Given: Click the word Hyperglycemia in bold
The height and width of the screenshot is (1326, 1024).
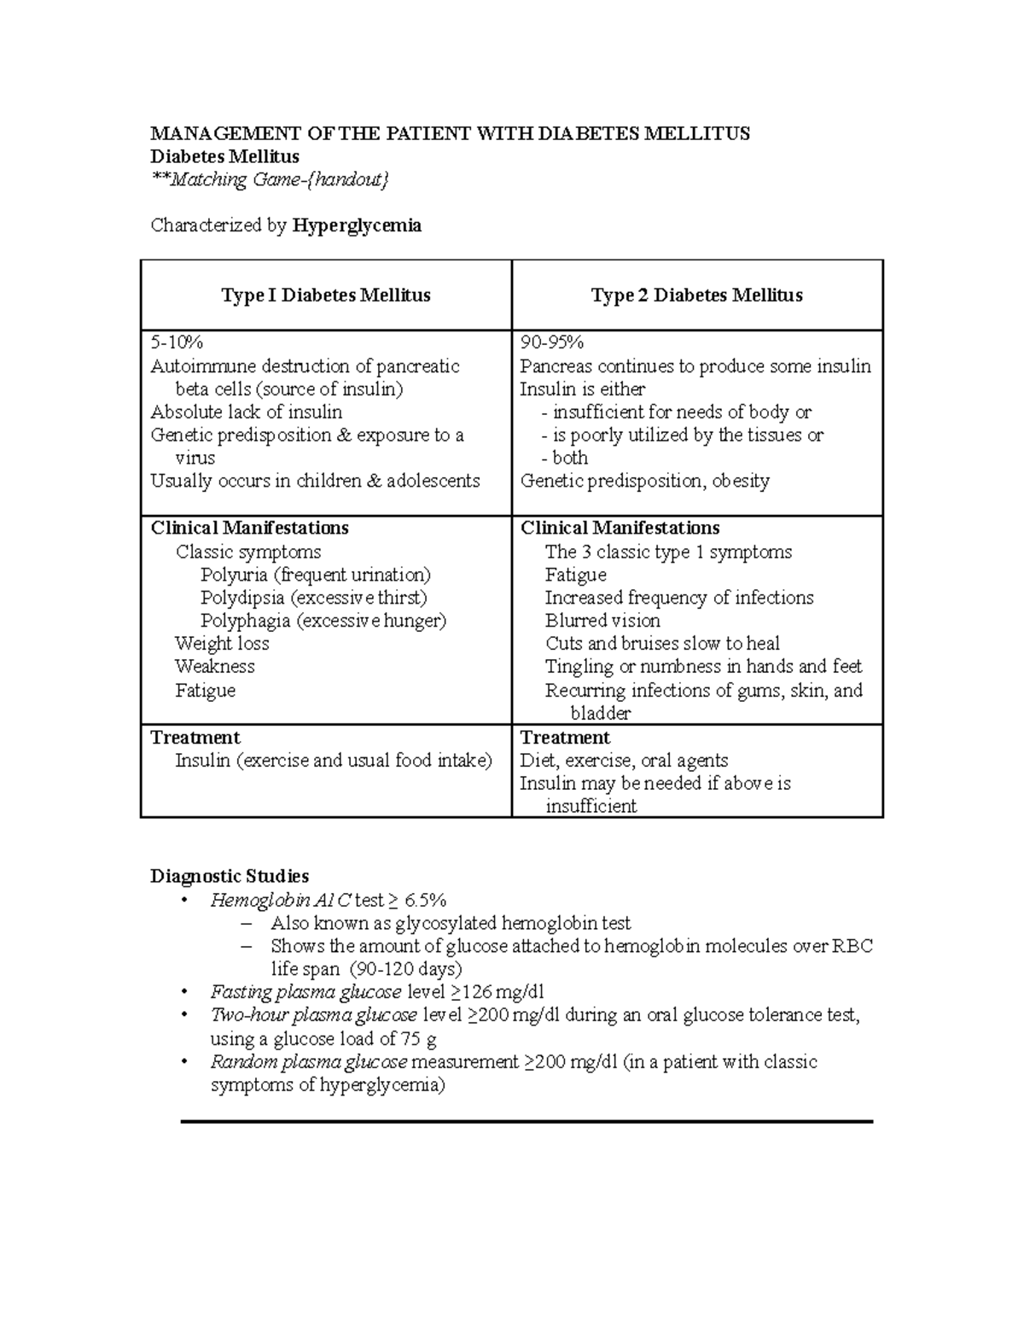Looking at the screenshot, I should pyautogui.click(x=357, y=225).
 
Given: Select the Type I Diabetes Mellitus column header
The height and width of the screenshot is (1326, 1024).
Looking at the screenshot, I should pyautogui.click(x=325, y=295).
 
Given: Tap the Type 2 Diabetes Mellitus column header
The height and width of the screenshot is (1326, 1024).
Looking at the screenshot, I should pyautogui.click(x=696, y=295).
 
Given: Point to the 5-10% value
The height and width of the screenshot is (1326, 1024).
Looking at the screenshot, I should pyautogui.click(x=177, y=343).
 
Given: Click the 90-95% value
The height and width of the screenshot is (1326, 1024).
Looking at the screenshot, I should pyautogui.click(x=552, y=343).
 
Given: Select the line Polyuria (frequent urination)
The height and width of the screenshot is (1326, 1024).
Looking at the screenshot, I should pyautogui.click(x=316, y=575).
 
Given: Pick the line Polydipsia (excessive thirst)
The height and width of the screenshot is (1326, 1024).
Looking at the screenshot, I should pyautogui.click(x=313, y=598).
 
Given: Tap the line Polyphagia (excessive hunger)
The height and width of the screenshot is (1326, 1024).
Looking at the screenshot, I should pyautogui.click(x=323, y=621).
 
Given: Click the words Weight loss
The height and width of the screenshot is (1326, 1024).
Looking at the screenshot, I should pyautogui.click(x=222, y=644).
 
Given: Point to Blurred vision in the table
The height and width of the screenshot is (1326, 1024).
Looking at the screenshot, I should pyautogui.click(x=602, y=621).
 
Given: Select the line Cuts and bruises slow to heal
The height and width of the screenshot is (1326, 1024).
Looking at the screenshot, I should pyautogui.click(x=662, y=644).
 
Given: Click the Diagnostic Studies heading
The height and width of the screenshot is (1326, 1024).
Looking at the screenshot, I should pyautogui.click(x=230, y=876).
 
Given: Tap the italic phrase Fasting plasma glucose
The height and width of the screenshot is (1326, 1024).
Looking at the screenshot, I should pyautogui.click(x=305, y=992).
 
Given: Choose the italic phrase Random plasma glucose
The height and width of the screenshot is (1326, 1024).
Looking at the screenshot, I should pyautogui.click(x=310, y=1062).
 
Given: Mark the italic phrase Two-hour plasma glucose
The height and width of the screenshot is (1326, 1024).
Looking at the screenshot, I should pyautogui.click(x=313, y=1015).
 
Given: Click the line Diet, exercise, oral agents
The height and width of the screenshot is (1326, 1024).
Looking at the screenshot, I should pyautogui.click(x=624, y=761).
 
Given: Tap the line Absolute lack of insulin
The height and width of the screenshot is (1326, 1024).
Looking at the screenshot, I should pyautogui.click(x=246, y=412).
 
